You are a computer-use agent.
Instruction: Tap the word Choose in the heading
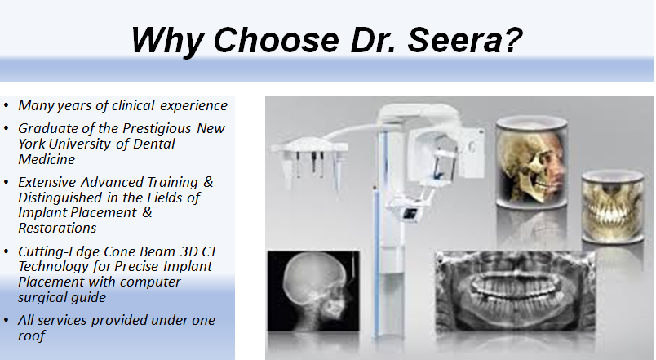pyautogui.click(x=276, y=40)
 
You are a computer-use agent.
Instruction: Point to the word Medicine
pyautogui.click(x=47, y=159)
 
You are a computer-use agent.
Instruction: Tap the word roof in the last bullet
pyautogui.click(x=31, y=336)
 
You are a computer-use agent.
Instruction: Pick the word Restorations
pyautogui.click(x=57, y=228)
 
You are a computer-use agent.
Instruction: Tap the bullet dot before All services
pyautogui.click(x=6, y=321)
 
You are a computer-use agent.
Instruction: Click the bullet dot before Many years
pyautogui.click(x=6, y=105)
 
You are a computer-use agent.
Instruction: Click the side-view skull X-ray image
pyautogui.click(x=313, y=291)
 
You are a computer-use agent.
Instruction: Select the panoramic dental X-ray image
pyautogui.click(x=516, y=291)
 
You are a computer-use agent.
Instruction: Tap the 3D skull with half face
pyautogui.click(x=532, y=162)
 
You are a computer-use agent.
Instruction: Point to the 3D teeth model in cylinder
pyautogui.click(x=613, y=207)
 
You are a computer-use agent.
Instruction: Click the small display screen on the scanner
pyautogui.click(x=410, y=213)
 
